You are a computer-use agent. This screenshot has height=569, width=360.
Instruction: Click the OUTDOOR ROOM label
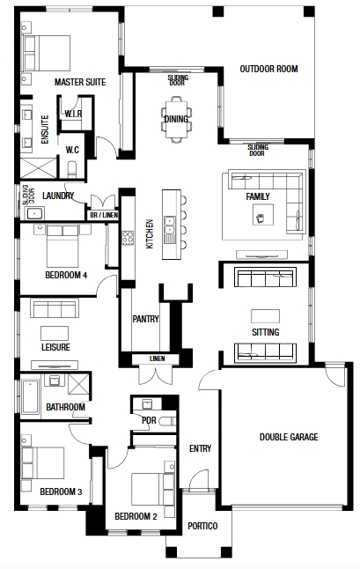point(268,69)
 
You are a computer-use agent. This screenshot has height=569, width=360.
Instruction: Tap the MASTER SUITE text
point(80,82)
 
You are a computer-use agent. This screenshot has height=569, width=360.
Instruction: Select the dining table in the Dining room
point(176,119)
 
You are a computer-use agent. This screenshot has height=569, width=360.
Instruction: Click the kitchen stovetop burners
point(128,238)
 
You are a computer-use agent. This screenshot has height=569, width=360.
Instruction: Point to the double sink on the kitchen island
point(169,225)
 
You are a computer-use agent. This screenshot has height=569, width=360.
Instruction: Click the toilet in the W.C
point(72,169)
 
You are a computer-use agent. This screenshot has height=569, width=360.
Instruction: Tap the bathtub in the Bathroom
point(31,396)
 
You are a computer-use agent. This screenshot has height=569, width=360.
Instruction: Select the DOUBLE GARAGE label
point(289,437)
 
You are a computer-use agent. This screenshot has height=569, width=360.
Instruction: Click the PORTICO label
point(202,526)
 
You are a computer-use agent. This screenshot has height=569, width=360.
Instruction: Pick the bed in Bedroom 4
point(62,247)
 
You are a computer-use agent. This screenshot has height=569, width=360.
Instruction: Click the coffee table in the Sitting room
point(265,315)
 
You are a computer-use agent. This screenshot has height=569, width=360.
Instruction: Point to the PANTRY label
point(146,319)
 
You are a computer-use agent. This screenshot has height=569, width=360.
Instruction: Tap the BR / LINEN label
point(104,215)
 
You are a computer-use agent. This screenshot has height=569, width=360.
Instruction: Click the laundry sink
point(34,213)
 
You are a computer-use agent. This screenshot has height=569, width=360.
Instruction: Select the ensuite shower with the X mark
point(39,168)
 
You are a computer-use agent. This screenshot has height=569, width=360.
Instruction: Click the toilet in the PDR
point(169,421)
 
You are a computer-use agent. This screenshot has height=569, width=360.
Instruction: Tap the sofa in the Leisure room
point(55,308)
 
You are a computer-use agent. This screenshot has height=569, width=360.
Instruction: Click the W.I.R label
point(74,114)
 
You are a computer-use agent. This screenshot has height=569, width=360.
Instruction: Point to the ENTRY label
point(200,449)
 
